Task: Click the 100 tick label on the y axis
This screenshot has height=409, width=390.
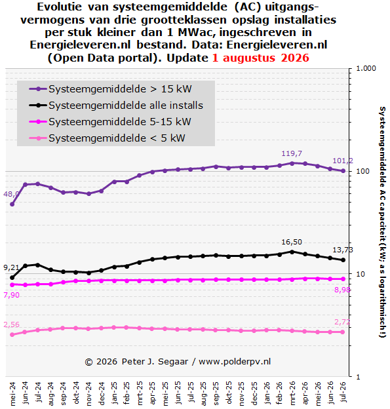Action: pos(363,171)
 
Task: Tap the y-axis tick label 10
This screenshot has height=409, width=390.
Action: pos(361,274)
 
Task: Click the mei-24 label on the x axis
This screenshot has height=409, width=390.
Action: pos(12,394)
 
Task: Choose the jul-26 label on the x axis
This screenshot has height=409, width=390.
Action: pos(343,393)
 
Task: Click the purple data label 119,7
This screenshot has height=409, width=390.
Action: pos(292,153)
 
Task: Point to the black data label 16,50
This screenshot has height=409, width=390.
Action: pos(292,242)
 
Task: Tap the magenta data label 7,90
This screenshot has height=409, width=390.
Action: pos(12,295)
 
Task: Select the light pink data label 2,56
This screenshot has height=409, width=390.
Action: pos(12,324)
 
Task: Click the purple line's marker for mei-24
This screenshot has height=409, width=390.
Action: pos(12,204)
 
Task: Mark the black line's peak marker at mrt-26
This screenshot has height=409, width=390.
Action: pos(292,252)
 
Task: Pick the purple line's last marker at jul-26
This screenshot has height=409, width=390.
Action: pos(343,171)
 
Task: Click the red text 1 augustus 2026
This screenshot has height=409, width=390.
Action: pos(261,58)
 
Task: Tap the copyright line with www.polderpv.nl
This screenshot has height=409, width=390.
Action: pos(178,362)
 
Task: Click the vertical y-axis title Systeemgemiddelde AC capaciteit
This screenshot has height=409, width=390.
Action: pos(382,222)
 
